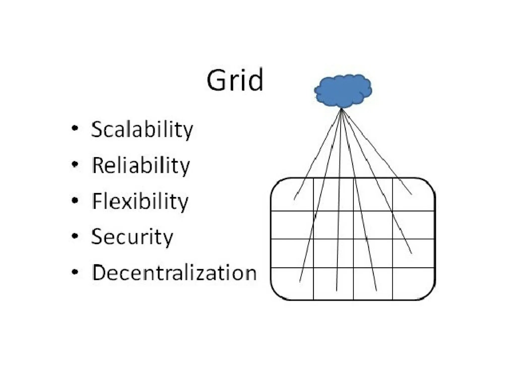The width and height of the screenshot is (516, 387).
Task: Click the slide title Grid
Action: click(235, 80)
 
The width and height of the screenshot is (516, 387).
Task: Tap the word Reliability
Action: click(141, 165)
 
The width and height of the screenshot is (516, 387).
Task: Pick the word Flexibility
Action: click(140, 201)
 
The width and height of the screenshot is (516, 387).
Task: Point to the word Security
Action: click(132, 237)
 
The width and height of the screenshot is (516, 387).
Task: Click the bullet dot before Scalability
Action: click(75, 128)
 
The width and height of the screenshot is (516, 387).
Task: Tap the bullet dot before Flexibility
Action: click(75, 200)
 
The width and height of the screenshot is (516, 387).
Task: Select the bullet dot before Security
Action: click(75, 236)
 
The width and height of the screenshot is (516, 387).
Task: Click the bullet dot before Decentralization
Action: click(75, 272)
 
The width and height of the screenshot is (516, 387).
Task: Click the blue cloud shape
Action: click(343, 91)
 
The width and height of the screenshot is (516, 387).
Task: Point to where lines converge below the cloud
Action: click(341, 109)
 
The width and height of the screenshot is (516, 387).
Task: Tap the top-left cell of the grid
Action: click(292, 195)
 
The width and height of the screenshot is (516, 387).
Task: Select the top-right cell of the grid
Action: click(413, 195)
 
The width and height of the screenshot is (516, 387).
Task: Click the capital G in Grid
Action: click(217, 80)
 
